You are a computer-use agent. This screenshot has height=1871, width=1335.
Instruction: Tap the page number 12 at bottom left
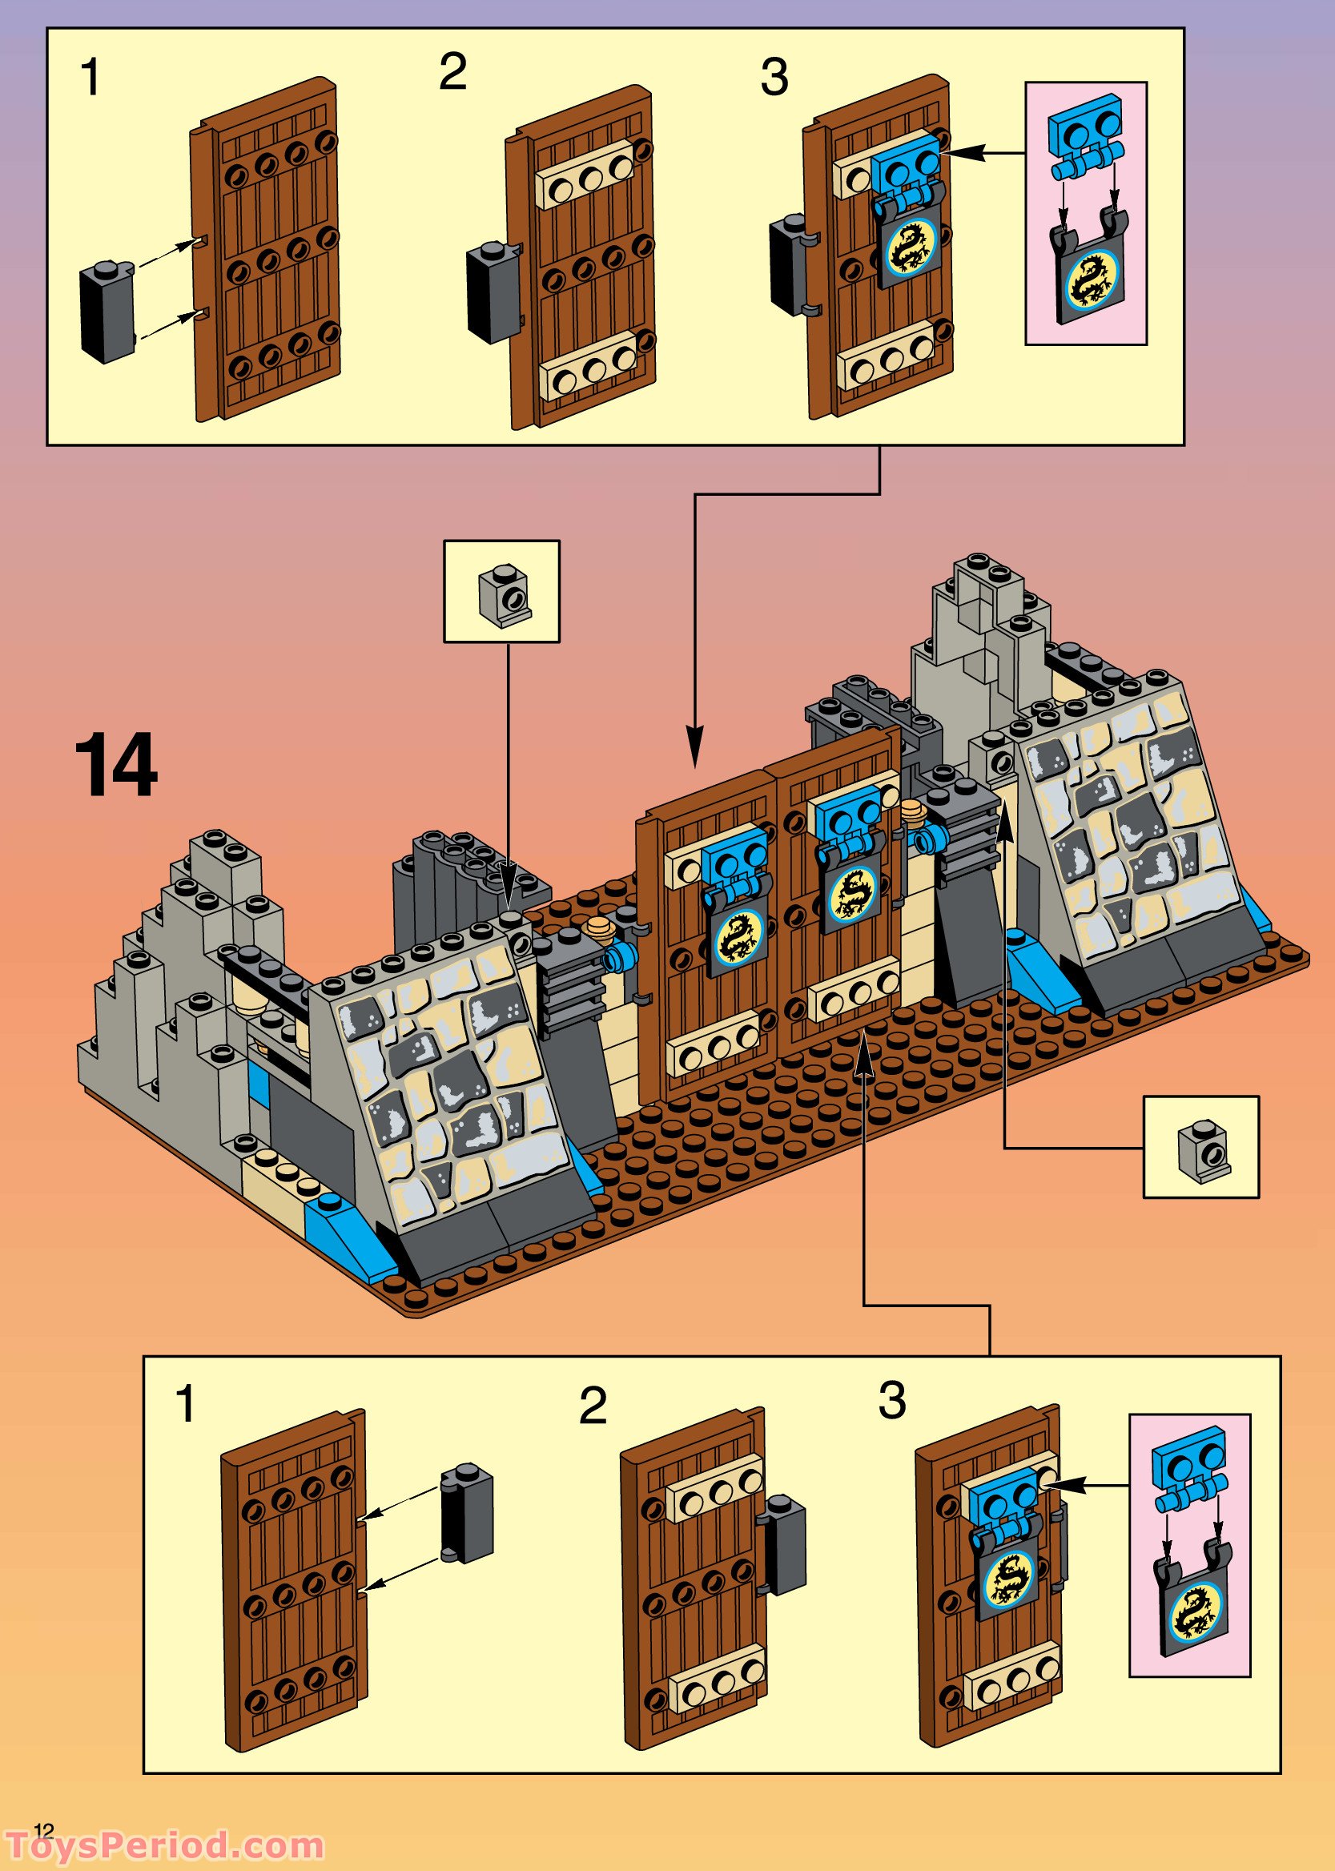(43, 1808)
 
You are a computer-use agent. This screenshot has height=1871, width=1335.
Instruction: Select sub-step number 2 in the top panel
(453, 72)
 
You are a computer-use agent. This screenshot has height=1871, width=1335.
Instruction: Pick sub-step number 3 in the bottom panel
(892, 1400)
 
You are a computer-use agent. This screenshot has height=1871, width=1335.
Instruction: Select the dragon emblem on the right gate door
(850, 892)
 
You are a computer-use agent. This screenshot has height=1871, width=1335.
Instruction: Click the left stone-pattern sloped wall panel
(448, 1085)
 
